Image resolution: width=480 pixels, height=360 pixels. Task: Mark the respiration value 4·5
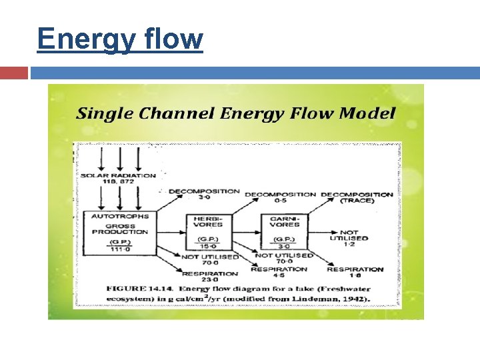tap(279, 275)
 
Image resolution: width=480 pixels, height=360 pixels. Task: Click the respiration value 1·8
tap(355, 275)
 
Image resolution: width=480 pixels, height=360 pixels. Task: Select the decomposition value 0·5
tap(281, 201)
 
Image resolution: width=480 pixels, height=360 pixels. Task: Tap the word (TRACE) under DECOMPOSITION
tap(357, 201)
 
